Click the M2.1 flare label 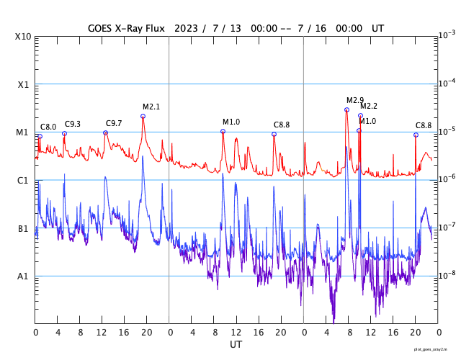(151, 107)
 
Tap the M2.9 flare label (355, 100)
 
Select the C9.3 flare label (73, 125)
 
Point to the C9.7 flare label (114, 124)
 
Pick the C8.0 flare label (48, 127)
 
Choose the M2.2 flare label (369, 107)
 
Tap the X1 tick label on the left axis (23, 84)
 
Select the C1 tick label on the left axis (23, 180)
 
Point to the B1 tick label (23, 228)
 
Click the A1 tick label (23, 276)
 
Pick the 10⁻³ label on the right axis (447, 35)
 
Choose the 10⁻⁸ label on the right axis (447, 275)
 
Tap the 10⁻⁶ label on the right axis (447, 179)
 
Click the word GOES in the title (101, 28)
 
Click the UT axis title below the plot (236, 345)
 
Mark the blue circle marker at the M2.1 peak (143, 116)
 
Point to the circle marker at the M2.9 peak (346, 109)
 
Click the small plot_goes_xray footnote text (436, 349)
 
